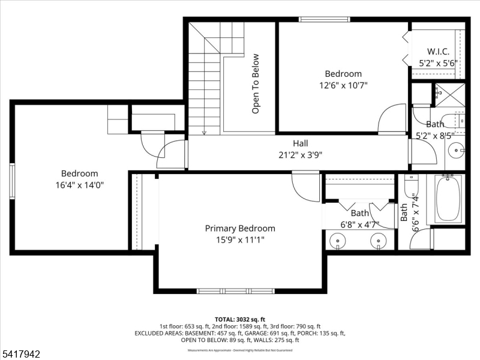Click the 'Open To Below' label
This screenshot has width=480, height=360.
pos(256,84)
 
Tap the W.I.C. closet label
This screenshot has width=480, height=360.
pos(438,51)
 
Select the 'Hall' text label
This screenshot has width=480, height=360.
pos(301,143)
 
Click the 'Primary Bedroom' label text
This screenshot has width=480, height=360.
pos(240,228)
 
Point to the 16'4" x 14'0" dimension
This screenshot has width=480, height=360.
pos(80,185)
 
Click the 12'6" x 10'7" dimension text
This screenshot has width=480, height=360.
pos(343,85)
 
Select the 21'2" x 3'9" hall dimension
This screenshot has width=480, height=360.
pos(301,154)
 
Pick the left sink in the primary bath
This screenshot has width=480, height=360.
pos(339,242)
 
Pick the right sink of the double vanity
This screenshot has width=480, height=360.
pos(379,242)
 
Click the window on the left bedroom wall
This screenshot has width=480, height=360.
pos(11,181)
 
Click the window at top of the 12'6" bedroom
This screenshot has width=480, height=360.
pos(325,19)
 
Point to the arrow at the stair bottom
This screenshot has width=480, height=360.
pos(205,131)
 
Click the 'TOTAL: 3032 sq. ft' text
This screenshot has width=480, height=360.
pos(240,319)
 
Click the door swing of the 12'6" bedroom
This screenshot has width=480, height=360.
pos(393,119)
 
